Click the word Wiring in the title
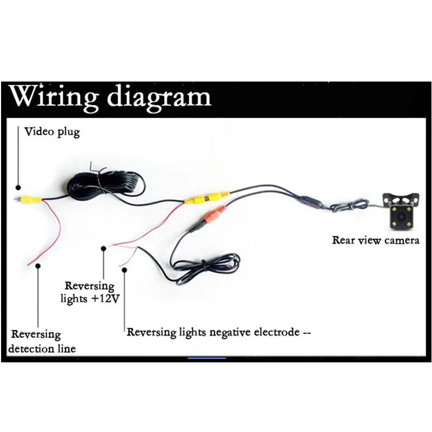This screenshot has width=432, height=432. [x=53, y=97]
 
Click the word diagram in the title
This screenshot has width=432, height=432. [x=159, y=97]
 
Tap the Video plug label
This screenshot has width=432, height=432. [x=52, y=132]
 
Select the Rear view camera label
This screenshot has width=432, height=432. [x=375, y=240]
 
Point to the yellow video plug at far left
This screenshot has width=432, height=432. [x=29, y=199]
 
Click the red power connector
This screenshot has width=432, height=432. [x=215, y=214]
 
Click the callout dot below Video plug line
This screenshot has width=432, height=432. [x=18, y=187]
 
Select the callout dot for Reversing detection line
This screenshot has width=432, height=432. [x=38, y=266]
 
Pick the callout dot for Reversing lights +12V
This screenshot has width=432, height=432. [x=104, y=248]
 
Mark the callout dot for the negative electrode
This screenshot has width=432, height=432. [x=125, y=270]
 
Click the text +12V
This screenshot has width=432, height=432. [x=105, y=299]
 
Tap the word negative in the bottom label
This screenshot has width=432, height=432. [x=230, y=332]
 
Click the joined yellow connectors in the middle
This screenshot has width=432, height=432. [x=207, y=198]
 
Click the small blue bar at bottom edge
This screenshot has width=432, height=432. [x=207, y=358]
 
